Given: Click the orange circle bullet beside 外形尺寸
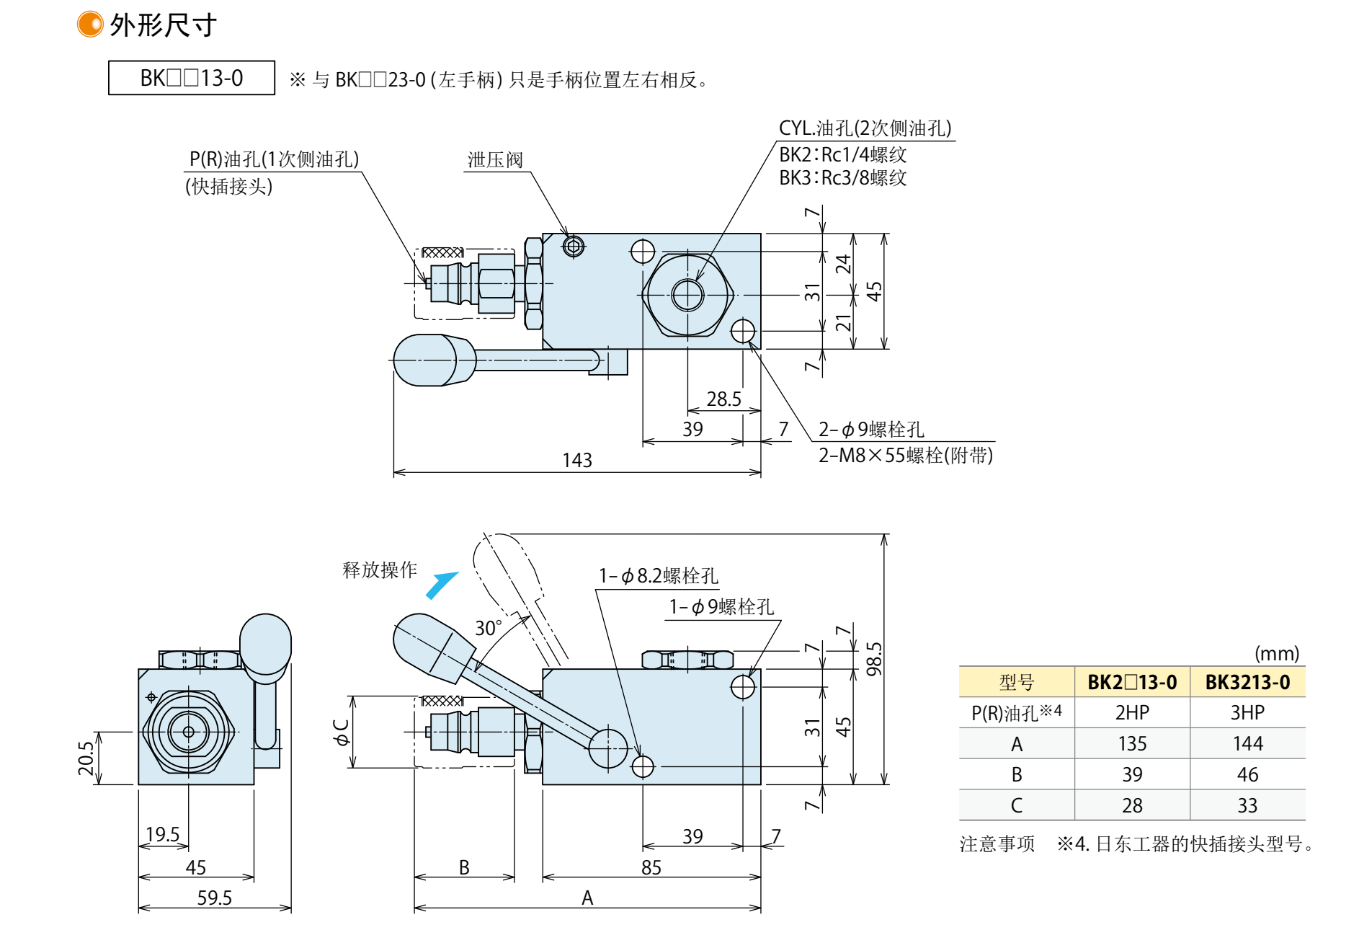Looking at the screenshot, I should pos(90,24).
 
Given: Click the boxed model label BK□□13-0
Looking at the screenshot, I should pos(191,78).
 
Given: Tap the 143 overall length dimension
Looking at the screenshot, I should pos(576,460).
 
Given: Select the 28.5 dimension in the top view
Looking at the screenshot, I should pos(723,399).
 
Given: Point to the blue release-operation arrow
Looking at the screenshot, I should pos(442,585).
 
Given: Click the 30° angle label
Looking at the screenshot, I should pos(488,628).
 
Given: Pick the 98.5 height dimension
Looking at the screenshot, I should pos(873,659).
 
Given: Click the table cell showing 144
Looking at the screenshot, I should pos(1247,743).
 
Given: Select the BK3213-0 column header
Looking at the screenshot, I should pos(1247,682).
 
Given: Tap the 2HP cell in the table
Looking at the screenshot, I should pos(1131,712).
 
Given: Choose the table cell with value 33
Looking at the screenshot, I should pos(1247,805).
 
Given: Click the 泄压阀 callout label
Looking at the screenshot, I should pos(495,159).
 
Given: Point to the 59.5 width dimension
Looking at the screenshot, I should pos(214,898).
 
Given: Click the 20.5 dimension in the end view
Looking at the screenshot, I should pos(86,758).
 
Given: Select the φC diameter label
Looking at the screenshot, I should pos(341,731).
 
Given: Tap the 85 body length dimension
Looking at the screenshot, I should pos(651,867).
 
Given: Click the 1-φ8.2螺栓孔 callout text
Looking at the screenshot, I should pos(659,575).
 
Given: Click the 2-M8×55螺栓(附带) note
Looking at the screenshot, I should pos(905,456).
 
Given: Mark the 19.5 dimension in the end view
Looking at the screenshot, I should pos(162,834).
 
